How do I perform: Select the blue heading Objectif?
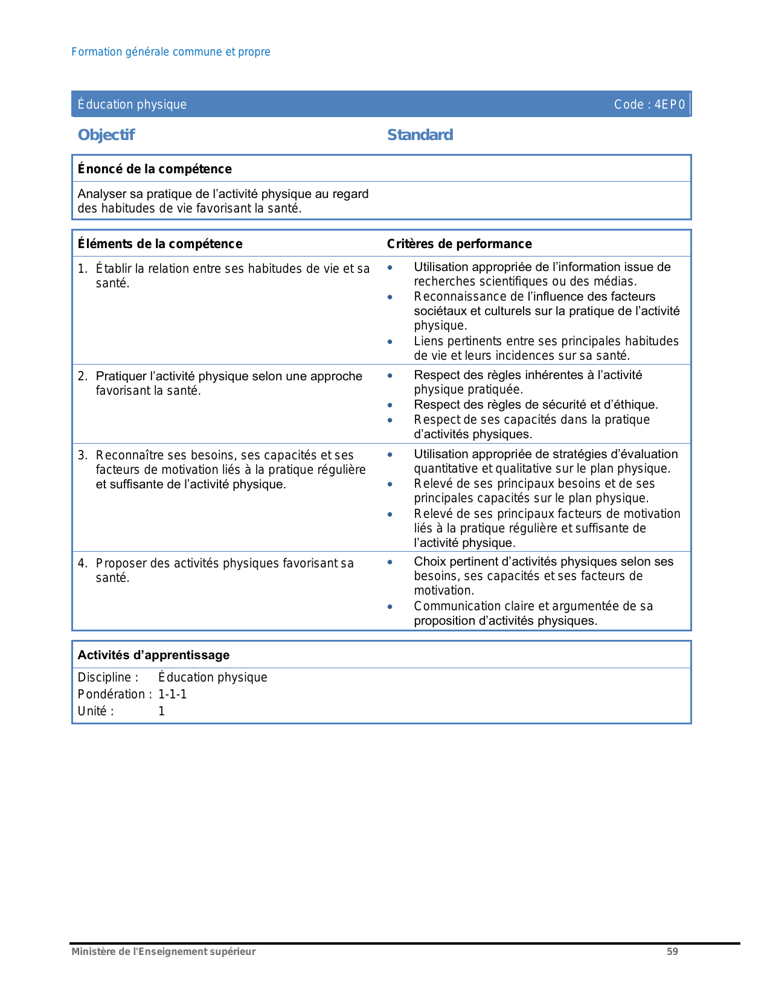[x=106, y=135]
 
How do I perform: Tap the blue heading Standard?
[x=420, y=135]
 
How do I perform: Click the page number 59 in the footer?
[x=672, y=952]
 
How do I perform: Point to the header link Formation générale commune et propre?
[x=171, y=52]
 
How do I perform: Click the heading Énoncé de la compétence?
[x=155, y=169]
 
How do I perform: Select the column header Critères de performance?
[x=459, y=244]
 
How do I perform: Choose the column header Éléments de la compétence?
[x=160, y=244]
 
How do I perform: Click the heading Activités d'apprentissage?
[x=153, y=655]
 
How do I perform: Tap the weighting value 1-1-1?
[x=173, y=694]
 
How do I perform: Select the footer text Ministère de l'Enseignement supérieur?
[x=164, y=952]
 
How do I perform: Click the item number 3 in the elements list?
[x=82, y=455]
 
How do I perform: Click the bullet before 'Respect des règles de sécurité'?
[x=390, y=405]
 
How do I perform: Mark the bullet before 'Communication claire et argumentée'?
[x=390, y=607]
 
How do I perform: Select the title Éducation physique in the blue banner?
[x=132, y=104]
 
